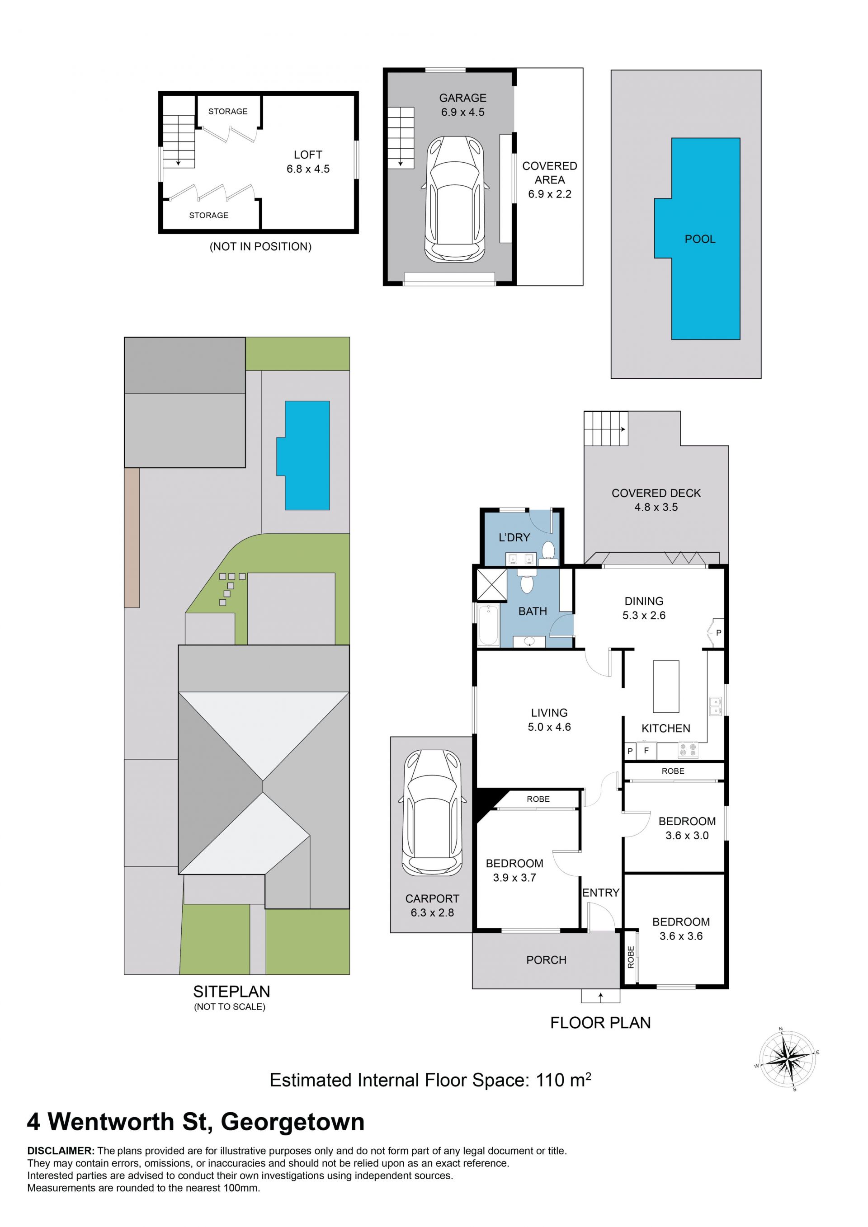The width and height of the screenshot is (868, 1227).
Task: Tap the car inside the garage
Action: (x=455, y=199)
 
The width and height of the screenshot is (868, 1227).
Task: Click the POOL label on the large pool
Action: (x=700, y=239)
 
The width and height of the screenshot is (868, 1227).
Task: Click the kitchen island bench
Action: (x=666, y=687)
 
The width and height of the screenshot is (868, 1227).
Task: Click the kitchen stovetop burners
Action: (x=688, y=750)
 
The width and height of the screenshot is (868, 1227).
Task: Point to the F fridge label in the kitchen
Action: (x=646, y=750)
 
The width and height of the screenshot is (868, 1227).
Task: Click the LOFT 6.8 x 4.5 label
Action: (x=308, y=161)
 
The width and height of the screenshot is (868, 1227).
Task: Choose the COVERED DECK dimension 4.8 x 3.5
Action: (x=656, y=507)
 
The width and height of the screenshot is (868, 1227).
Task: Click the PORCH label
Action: (x=546, y=960)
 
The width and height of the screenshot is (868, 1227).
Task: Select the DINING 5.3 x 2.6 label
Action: (x=644, y=608)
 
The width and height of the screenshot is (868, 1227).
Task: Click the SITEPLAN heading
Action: (x=231, y=992)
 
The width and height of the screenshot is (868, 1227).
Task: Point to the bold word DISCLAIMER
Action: (x=61, y=1151)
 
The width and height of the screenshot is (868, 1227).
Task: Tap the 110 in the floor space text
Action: (x=550, y=1080)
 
